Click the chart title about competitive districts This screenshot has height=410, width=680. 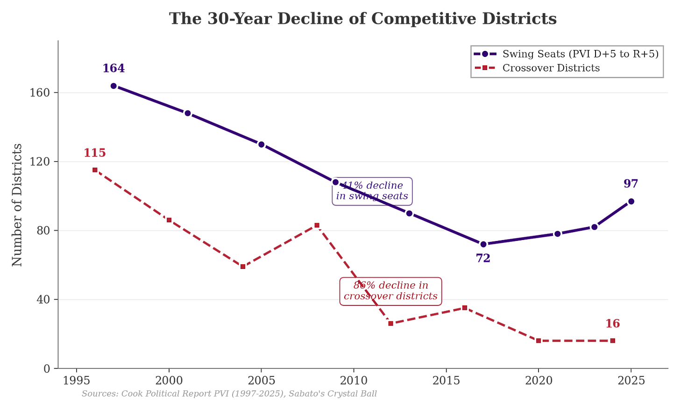tap(362, 19)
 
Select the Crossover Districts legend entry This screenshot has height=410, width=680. tap(551, 68)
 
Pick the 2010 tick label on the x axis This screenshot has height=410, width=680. tap(353, 381)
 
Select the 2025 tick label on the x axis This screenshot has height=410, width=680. tap(631, 381)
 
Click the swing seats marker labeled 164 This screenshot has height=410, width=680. tap(113, 85)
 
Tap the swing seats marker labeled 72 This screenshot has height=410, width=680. tap(483, 244)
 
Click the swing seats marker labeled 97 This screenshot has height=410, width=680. tap(631, 201)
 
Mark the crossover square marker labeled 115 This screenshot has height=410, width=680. tap(95, 170)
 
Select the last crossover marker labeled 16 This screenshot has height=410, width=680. tap(613, 340)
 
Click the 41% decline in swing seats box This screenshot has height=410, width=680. tap(372, 191)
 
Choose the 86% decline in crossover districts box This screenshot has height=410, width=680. tap(390, 291)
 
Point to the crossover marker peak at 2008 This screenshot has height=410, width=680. tap(317, 225)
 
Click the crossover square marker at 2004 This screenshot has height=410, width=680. tap(242, 266)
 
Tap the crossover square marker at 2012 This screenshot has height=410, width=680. tap(390, 323)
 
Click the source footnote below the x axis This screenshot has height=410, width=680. tap(229, 394)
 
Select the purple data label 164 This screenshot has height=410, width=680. tap(113, 69)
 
